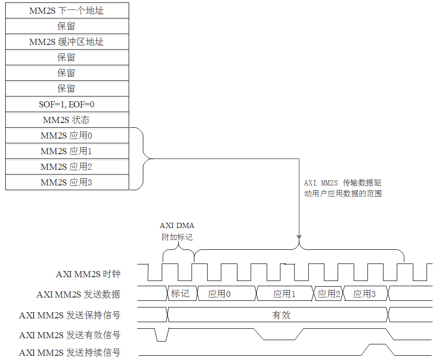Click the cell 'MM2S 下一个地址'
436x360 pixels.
67,10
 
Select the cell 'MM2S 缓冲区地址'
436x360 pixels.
67,42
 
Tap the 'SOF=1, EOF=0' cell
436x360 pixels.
67,104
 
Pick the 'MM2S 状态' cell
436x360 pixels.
67,120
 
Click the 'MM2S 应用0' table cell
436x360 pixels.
67,136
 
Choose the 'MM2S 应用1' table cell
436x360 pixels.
67,151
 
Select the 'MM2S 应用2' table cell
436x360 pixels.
67,167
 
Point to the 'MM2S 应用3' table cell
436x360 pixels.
67,182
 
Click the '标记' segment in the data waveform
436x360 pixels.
180,294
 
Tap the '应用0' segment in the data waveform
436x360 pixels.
219,294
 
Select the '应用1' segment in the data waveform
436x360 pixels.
285,294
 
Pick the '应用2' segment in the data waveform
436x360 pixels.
329,294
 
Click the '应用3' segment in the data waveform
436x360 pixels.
365,294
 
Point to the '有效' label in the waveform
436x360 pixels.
281,315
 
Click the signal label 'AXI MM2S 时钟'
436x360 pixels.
88,274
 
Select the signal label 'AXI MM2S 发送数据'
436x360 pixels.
78,294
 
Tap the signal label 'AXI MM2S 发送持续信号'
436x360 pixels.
70,352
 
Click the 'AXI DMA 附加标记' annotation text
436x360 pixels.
177,231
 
